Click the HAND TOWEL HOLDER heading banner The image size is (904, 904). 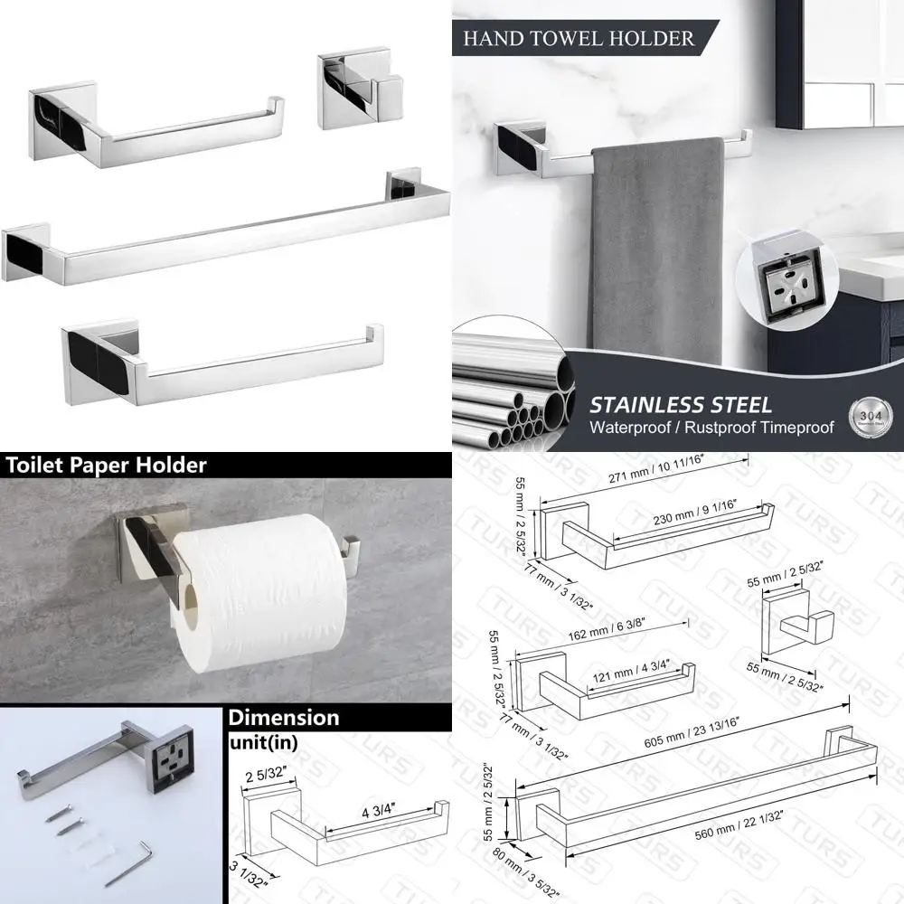coord(579,38)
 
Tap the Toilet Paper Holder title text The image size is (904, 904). coord(107,466)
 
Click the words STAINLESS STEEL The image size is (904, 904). coord(681,404)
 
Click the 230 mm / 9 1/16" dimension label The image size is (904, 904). coord(680,521)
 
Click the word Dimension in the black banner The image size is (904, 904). coord(284,718)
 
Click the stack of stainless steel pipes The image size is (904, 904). coord(512,389)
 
